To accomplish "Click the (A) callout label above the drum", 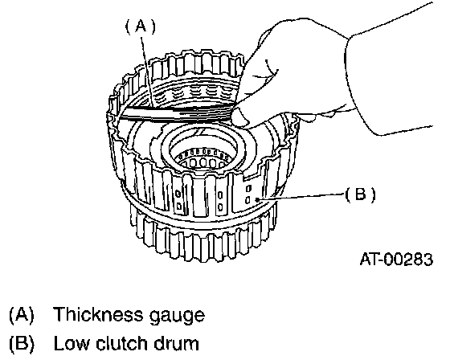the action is click(x=141, y=27).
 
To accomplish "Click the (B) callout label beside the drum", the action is click(x=361, y=194).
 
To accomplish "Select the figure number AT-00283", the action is click(x=396, y=260).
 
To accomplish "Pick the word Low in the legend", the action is click(x=72, y=343).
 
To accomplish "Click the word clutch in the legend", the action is click(x=121, y=343).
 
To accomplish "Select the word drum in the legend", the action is click(x=176, y=343).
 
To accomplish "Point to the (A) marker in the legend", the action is click(x=22, y=314).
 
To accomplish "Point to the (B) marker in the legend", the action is click(x=22, y=343).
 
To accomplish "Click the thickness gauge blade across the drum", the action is click(x=178, y=112).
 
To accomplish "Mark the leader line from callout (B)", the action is click(x=301, y=196).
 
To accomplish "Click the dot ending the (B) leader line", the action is click(x=258, y=199).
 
